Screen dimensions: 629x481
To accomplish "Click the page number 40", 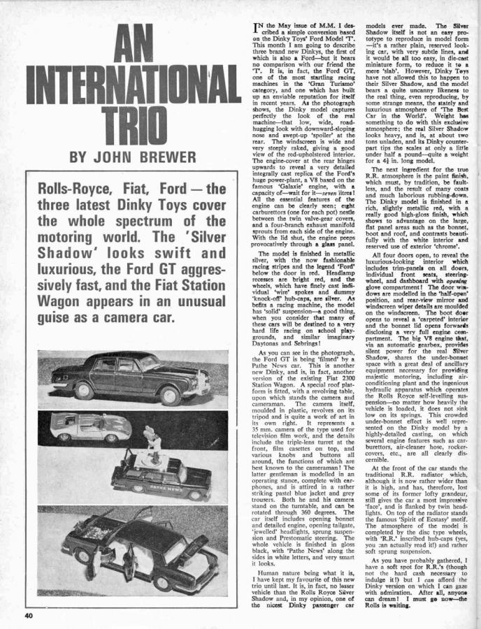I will point(28,616).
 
